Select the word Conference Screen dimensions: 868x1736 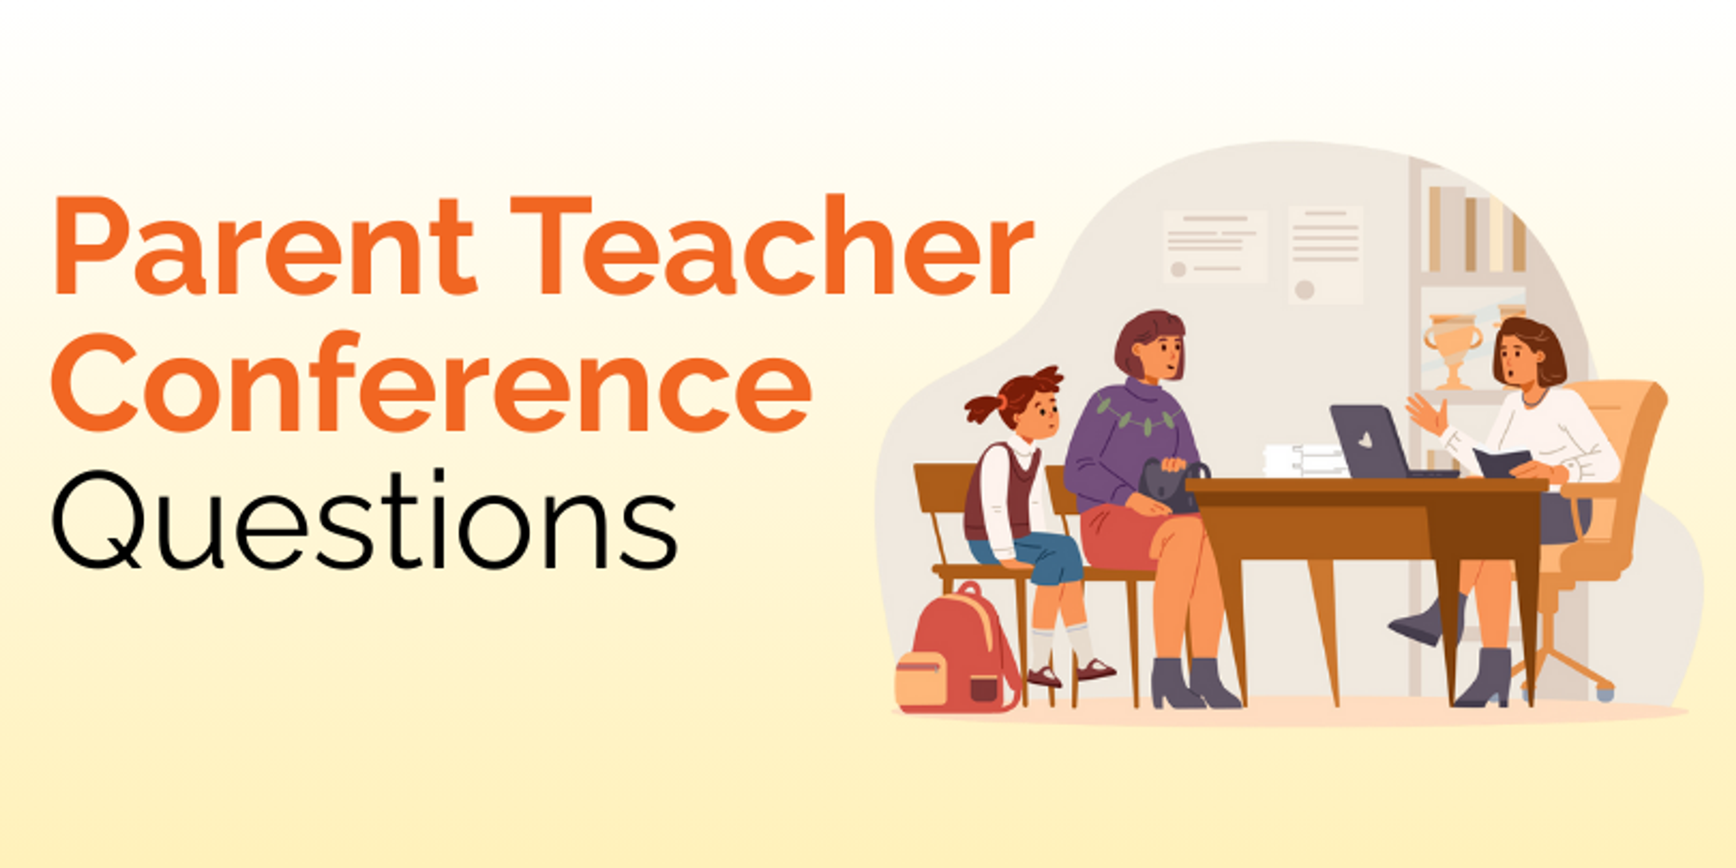point(431,382)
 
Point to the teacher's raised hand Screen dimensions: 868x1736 point(1427,412)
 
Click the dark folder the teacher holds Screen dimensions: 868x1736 point(1500,462)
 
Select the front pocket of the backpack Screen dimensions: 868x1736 point(920,677)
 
